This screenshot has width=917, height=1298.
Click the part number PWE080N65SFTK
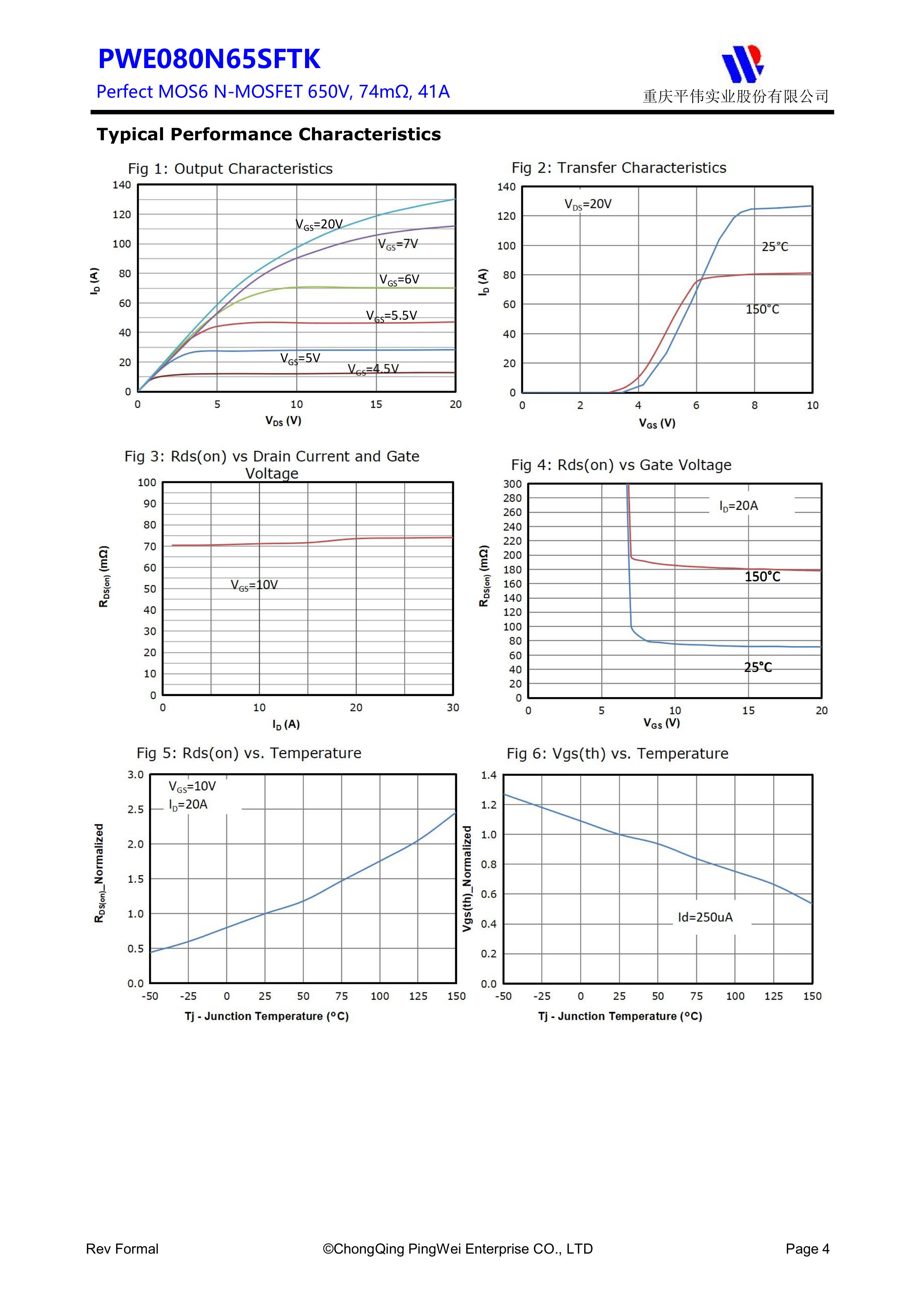[209, 59]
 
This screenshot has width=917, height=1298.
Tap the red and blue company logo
[742, 63]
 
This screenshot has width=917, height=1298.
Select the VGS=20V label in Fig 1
[319, 225]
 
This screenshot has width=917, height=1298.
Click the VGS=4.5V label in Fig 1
[373, 370]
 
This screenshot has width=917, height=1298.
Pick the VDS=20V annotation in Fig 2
[588, 205]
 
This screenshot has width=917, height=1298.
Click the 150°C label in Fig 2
[762, 310]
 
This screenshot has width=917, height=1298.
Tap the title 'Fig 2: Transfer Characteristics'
[619, 168]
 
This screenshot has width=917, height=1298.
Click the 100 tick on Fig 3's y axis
[147, 483]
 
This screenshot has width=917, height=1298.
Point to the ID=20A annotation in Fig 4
[738, 506]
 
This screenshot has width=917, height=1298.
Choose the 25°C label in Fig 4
[757, 668]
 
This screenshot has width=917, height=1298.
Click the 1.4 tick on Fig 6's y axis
[489, 776]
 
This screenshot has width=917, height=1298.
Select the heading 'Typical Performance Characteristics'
[268, 135]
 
